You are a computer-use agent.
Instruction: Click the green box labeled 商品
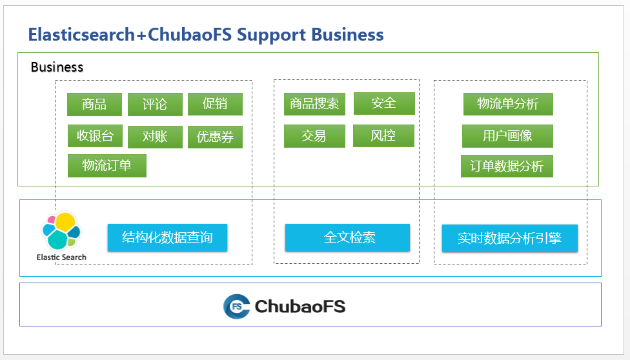94,105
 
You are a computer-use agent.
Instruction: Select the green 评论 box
155,105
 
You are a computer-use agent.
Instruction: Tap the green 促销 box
215,104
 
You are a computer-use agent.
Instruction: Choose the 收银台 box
96,135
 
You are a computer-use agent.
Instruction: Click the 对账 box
155,137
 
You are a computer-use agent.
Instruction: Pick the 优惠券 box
215,137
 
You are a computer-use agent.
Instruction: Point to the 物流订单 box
107,166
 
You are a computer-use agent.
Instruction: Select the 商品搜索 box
314,104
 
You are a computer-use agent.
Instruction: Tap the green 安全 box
384,103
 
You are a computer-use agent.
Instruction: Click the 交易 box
314,135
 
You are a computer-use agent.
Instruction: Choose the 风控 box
383,135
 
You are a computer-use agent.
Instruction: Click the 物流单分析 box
508,104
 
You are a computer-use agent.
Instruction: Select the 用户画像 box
507,135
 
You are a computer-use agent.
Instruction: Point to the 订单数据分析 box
507,166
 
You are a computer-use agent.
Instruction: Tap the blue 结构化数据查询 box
168,237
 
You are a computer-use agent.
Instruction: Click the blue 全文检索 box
347,237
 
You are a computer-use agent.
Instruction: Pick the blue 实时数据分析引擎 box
510,238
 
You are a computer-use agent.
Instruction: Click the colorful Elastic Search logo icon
61,231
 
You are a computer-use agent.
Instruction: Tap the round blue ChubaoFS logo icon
237,306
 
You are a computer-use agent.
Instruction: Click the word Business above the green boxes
57,67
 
